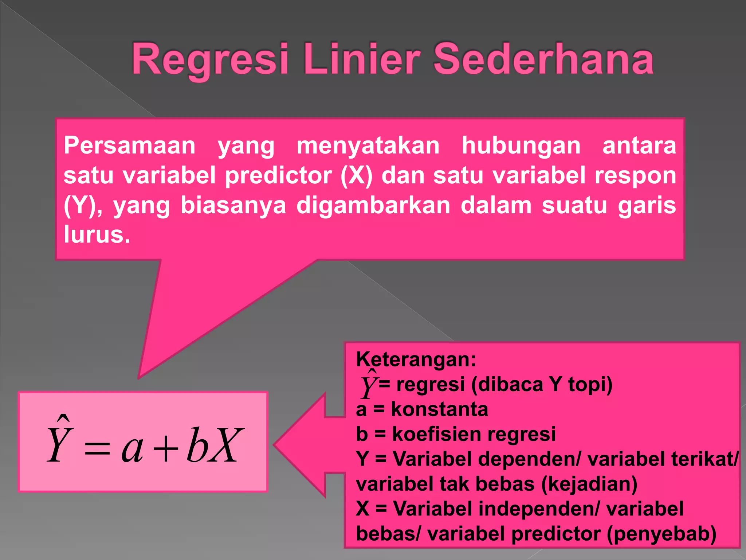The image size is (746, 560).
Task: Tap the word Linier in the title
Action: (x=362, y=59)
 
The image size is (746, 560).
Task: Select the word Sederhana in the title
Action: (x=543, y=59)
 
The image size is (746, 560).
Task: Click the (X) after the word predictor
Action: (x=357, y=176)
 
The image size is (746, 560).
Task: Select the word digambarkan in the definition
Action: (x=374, y=205)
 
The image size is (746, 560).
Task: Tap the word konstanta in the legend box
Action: (x=439, y=409)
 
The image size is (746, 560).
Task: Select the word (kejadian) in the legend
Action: (x=589, y=484)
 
